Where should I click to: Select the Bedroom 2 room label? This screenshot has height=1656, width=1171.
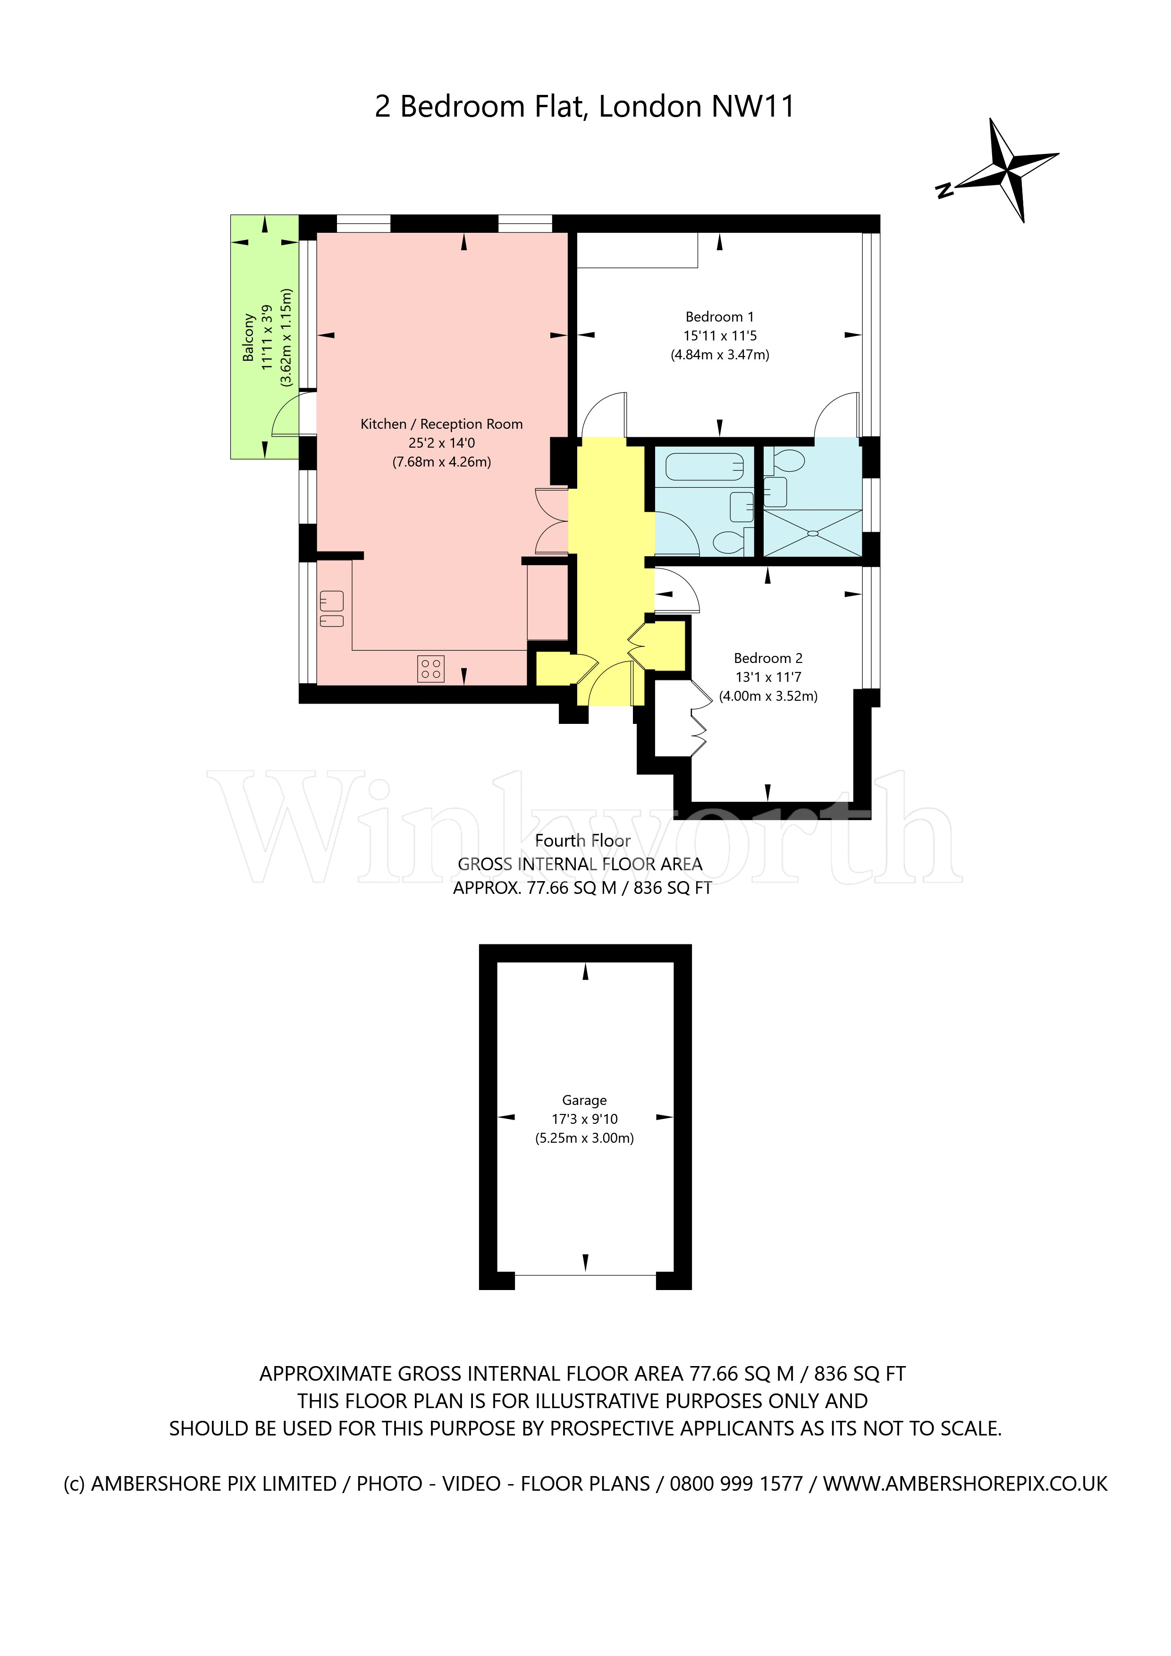click(768, 658)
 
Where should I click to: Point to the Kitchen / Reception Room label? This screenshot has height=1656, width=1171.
click(441, 424)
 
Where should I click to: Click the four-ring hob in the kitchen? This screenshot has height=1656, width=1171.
click(431, 669)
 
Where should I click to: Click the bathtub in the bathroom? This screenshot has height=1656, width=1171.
click(704, 467)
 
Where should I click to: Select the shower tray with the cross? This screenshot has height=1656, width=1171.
click(813, 533)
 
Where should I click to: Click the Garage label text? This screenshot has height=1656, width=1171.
click(584, 1100)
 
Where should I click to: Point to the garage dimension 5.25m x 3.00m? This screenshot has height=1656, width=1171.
click(584, 1138)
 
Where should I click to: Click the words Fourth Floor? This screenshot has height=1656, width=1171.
click(582, 840)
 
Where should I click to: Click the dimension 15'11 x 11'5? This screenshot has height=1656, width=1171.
click(720, 335)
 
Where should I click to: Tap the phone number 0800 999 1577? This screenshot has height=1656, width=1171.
click(736, 1484)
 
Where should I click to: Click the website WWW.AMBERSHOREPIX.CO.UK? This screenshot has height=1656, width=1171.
click(965, 1484)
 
